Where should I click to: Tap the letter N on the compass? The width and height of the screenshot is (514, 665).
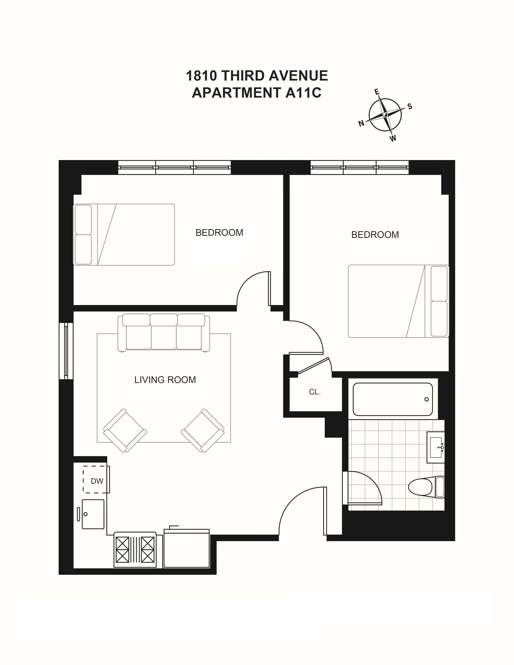(361, 123)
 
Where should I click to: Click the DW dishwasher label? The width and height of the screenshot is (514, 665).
(97, 481)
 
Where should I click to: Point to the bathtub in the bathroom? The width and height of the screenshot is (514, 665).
(392, 399)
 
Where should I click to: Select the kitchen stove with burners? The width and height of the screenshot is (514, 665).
(135, 550)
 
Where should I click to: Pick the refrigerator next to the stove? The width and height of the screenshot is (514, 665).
(186, 549)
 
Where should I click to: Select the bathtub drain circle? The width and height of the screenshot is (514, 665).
(426, 399)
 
